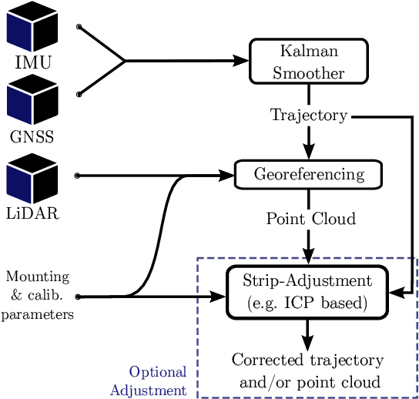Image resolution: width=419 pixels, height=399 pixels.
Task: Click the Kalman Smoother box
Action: pyautogui.click(x=309, y=62)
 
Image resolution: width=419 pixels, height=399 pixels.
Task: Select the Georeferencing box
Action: pyautogui.click(x=308, y=174)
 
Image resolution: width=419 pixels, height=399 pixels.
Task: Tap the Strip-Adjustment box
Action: pyautogui.click(x=307, y=291)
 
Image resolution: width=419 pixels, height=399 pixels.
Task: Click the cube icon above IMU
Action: pyautogui.click(x=32, y=25)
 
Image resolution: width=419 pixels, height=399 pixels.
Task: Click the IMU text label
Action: pyautogui.click(x=33, y=62)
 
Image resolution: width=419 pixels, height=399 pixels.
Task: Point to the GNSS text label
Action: pyautogui.click(x=32, y=139)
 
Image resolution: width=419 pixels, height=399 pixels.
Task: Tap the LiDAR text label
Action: pyautogui.click(x=32, y=213)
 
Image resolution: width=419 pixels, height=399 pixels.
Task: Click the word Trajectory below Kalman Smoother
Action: pyautogui.click(x=309, y=116)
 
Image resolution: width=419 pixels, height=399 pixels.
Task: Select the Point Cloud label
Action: pyautogui.click(x=310, y=219)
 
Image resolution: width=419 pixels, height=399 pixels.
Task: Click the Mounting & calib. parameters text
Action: pyautogui.click(x=37, y=295)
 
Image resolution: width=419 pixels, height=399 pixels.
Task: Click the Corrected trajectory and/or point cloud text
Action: pyautogui.click(x=307, y=370)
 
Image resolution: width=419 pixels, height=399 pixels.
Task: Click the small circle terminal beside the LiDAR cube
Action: pyautogui.click(x=77, y=176)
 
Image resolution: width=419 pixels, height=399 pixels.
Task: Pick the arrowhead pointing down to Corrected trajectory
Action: pyautogui.click(x=307, y=343)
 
